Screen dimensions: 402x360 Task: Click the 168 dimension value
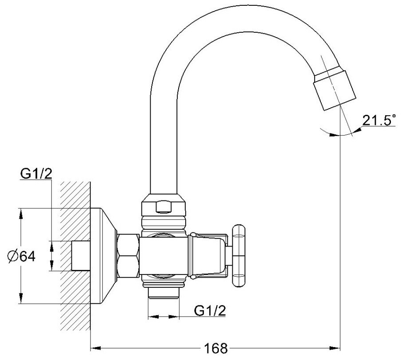pos(215,348)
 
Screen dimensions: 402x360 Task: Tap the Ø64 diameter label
pos(22,256)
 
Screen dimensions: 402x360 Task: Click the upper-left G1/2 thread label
pos(36,174)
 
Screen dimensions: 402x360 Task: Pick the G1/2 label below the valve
pos(210,310)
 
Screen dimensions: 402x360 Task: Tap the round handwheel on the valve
pos(238,256)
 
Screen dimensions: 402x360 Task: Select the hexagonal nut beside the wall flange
pos(128,256)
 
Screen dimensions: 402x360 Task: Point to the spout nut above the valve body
pos(163,205)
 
